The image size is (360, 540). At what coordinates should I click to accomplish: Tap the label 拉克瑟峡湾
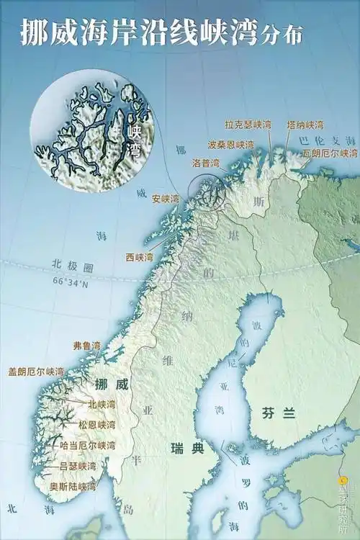click(248, 125)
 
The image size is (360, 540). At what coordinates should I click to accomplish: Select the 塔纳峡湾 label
click(305, 125)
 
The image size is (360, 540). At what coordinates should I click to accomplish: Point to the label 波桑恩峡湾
click(231, 144)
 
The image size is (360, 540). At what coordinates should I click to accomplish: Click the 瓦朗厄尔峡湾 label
click(329, 153)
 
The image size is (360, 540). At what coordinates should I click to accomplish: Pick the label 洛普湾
click(205, 163)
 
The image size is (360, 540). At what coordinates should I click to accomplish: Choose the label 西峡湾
click(140, 256)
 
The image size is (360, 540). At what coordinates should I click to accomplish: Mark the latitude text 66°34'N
click(70, 282)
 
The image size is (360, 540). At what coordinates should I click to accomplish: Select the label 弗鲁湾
click(86, 346)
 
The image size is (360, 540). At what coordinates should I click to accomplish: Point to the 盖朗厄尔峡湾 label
click(36, 372)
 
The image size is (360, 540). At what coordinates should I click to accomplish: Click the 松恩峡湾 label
click(97, 424)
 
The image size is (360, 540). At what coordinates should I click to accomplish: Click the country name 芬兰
click(274, 413)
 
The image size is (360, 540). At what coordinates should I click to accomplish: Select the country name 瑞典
click(187, 449)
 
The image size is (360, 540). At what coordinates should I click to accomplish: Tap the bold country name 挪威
click(112, 384)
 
